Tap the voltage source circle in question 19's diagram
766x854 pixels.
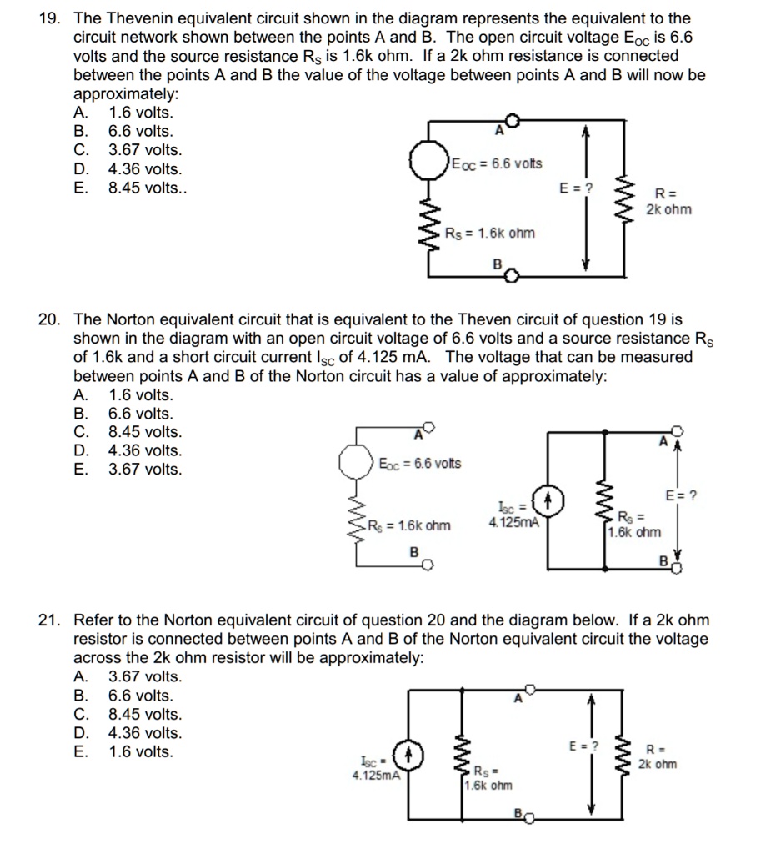coord(428,161)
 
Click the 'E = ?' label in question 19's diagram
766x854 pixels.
coord(577,188)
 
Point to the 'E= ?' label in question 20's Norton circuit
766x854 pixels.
coord(681,495)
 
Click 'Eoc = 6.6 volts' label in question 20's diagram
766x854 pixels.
coord(420,463)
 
